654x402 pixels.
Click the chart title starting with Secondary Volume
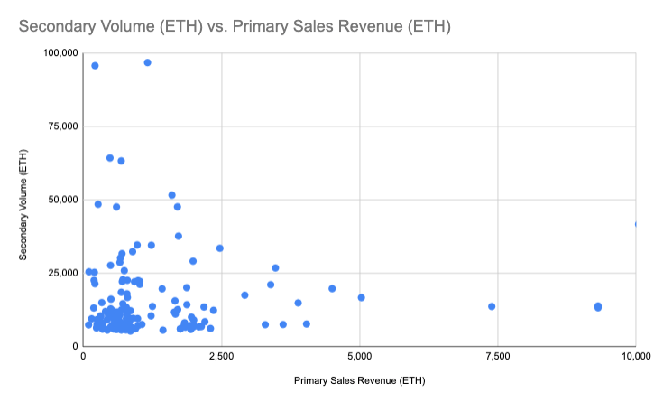click(x=235, y=26)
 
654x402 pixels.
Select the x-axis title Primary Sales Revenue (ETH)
click(x=360, y=380)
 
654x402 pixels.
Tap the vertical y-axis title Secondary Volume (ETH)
click(x=23, y=205)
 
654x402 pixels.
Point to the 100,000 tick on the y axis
click(x=60, y=52)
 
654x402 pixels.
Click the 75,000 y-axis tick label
click(x=63, y=126)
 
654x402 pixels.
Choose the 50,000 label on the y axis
click(x=63, y=200)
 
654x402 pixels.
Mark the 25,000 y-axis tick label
click(x=63, y=274)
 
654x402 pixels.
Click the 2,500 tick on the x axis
click(x=222, y=357)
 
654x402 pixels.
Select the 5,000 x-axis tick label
click(x=360, y=357)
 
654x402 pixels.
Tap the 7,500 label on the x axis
click(x=498, y=357)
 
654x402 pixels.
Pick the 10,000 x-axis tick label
click(x=636, y=357)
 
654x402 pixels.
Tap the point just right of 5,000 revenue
click(x=361, y=297)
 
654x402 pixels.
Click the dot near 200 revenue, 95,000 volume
click(x=95, y=66)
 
